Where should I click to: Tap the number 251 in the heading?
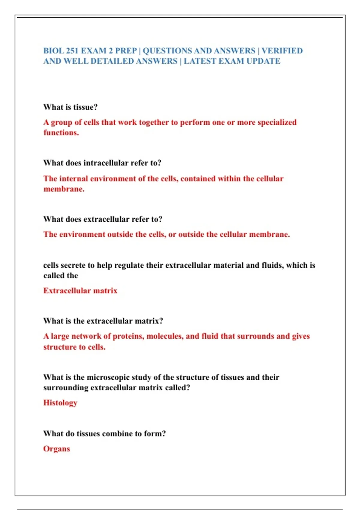point(72,51)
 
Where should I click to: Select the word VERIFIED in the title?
point(282,51)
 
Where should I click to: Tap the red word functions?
point(61,133)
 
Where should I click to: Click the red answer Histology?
point(60,403)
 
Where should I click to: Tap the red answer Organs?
point(56,449)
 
